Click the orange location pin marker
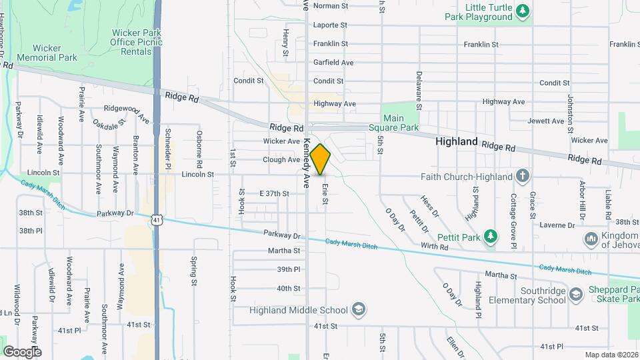(321, 158)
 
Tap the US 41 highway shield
(156, 219)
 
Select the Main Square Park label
(402, 123)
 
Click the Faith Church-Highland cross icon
(523, 177)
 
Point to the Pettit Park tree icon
(491, 236)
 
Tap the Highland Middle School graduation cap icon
(358, 309)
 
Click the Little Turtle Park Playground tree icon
(523, 11)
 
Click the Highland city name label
(457, 142)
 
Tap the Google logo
(22, 351)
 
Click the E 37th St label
(274, 193)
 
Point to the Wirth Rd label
(435, 247)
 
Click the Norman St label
(331, 6)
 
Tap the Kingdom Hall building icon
(590, 239)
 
